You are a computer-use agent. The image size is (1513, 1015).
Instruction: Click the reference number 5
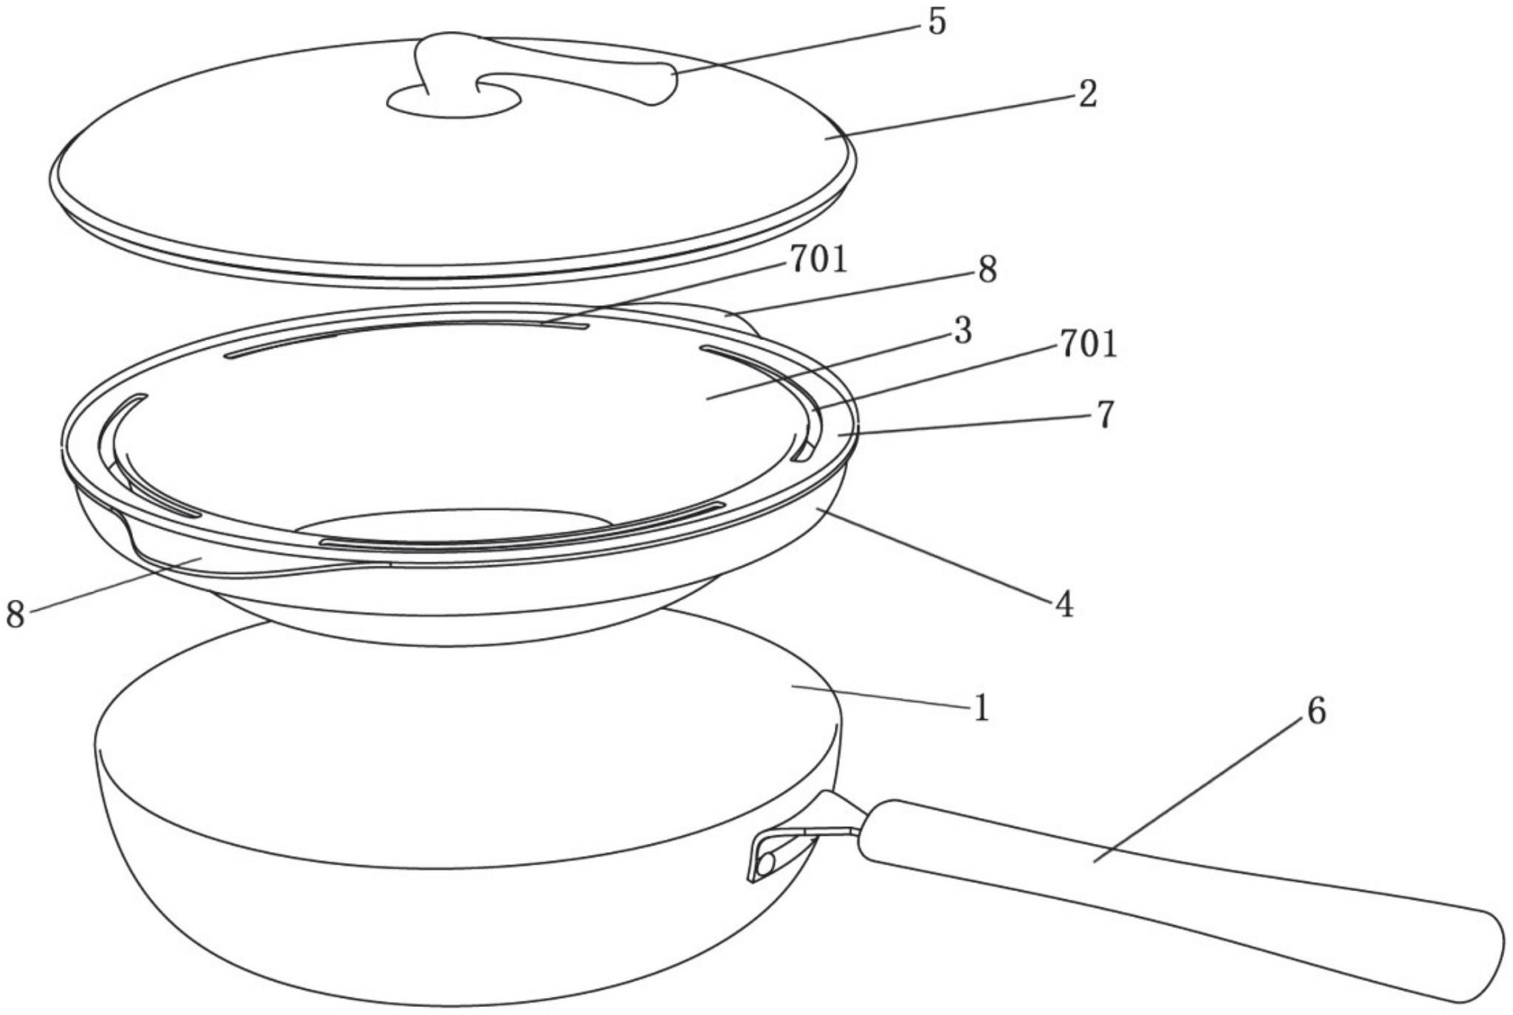tap(936, 23)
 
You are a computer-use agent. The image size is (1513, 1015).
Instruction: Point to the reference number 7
tap(1104, 415)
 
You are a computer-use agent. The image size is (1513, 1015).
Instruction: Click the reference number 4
tap(1064, 604)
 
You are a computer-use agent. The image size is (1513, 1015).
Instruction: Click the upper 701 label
tap(818, 260)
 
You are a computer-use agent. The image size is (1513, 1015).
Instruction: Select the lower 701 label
tap(1088, 344)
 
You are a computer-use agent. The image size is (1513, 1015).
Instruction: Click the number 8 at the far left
tap(15, 614)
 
